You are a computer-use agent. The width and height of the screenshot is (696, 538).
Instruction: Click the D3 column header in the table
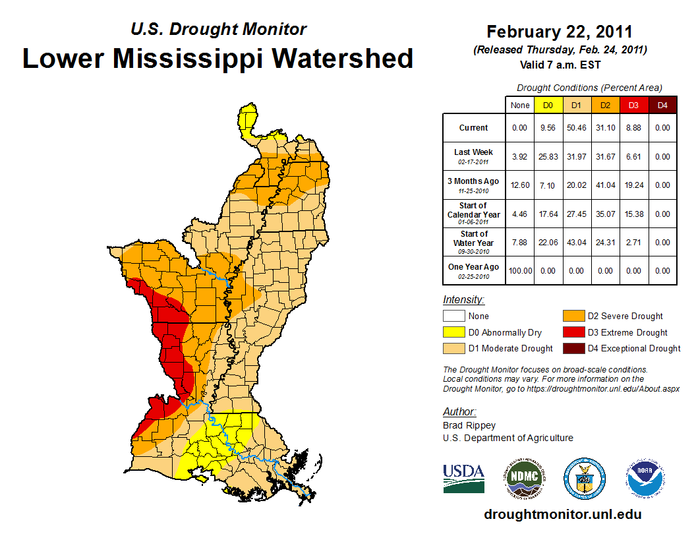point(634,105)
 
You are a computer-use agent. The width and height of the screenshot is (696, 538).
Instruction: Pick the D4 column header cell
point(662,105)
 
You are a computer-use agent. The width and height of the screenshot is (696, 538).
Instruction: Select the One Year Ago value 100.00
point(519,270)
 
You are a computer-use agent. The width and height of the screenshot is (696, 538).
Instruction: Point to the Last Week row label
point(473,152)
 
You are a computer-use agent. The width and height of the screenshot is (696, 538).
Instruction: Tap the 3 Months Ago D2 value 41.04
point(606,185)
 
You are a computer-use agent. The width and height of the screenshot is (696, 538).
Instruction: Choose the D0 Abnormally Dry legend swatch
point(453,332)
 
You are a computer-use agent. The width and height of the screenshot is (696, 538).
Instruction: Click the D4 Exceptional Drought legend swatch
point(571,348)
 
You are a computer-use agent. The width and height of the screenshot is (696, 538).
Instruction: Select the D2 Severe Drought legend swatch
point(571,316)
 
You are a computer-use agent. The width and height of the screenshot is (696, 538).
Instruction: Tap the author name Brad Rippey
point(469,425)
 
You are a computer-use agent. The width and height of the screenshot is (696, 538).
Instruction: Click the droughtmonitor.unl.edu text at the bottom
point(562,514)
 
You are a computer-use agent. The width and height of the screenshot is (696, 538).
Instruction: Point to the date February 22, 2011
point(560,31)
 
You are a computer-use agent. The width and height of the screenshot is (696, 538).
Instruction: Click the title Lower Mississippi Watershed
point(218,58)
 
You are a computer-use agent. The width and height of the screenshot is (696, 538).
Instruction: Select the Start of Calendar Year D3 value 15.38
point(634,214)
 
